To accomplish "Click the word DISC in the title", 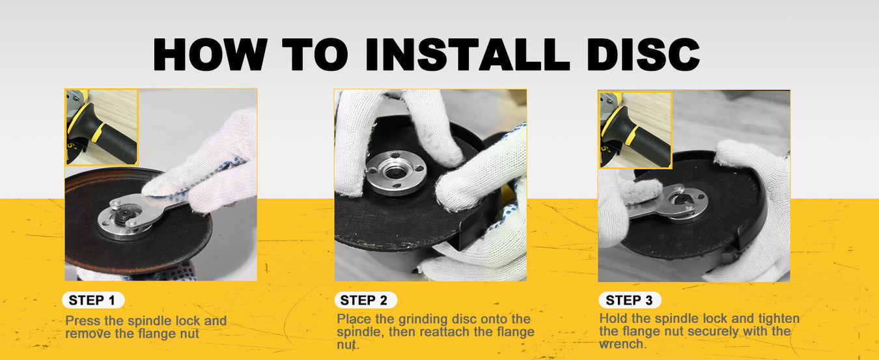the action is pos(643,54).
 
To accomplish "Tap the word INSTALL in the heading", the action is pos(467,54).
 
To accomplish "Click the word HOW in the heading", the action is pos(210,54).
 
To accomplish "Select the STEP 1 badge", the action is pos(93,300).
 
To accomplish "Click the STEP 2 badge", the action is pos(365,300).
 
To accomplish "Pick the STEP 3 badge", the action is pos(630,300).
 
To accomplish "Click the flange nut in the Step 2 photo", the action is pos(396,172).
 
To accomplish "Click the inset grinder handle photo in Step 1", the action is pos(102,127).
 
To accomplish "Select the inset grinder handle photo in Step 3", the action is pos(635,130).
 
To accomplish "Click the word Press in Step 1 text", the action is pos(82,321).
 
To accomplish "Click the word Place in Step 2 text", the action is pos(354,319).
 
